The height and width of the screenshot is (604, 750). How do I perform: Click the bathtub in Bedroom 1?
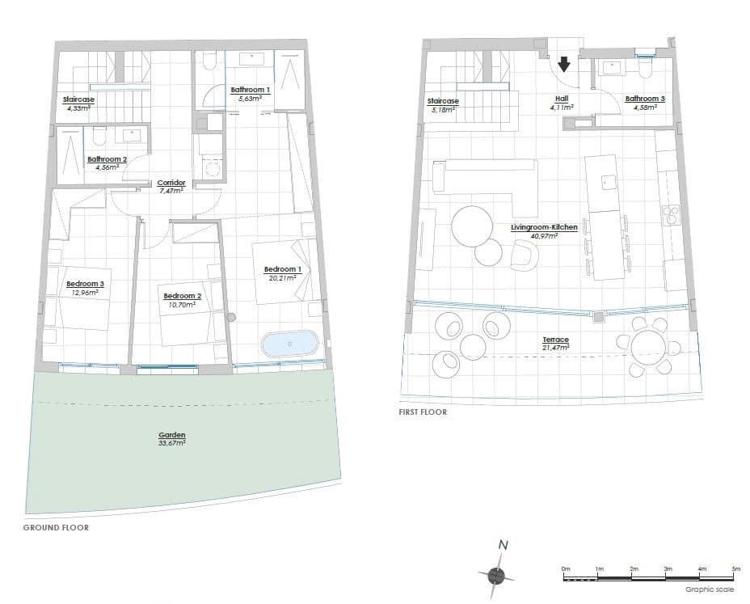pos(289,344)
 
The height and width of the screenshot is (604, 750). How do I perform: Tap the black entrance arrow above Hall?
pos(564,64)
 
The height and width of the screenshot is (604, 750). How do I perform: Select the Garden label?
pos(171,435)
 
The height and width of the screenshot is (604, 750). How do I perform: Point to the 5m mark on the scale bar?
pos(736,569)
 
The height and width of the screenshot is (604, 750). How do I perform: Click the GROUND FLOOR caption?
pos(56,527)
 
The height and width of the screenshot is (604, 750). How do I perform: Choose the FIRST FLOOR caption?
pos(423,412)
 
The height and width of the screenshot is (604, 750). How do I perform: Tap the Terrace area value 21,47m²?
pos(556,348)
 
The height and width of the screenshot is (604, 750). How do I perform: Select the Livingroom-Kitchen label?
pos(545,227)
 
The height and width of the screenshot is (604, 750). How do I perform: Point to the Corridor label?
pos(171,183)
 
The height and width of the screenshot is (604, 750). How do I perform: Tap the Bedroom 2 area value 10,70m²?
pos(182,304)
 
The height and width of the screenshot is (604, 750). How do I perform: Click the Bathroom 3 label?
pos(645,99)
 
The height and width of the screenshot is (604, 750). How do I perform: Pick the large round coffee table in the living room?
pos(472,226)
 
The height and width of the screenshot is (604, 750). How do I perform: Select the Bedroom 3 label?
pos(85,284)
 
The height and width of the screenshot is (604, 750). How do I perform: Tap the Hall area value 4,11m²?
pos(562,108)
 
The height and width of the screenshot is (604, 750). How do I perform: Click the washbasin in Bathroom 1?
pos(249,59)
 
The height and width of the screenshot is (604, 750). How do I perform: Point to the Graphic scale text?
pos(710,589)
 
